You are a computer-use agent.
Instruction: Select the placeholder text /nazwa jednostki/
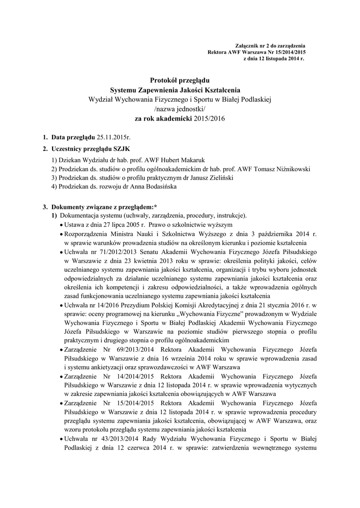[180, 109]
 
